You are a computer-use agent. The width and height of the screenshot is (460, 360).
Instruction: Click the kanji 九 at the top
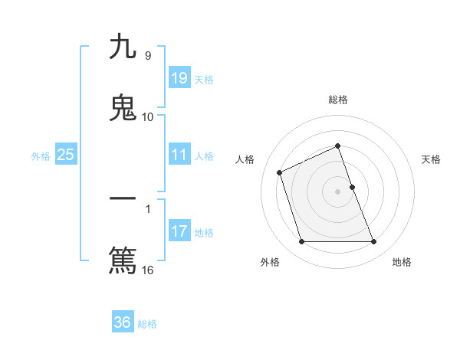pyautogui.click(x=123, y=47)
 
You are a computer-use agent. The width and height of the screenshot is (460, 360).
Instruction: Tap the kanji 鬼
pyautogui.click(x=123, y=107)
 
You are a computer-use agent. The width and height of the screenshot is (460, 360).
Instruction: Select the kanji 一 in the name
pyautogui.click(x=123, y=201)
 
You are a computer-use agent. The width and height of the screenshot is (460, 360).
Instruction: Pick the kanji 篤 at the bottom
pyautogui.click(x=123, y=260)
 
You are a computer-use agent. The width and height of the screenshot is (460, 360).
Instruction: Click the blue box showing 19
pyautogui.click(x=179, y=77)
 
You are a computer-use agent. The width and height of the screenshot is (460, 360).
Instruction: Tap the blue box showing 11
pyautogui.click(x=179, y=155)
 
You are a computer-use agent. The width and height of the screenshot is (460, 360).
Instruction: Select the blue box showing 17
pyautogui.click(x=179, y=231)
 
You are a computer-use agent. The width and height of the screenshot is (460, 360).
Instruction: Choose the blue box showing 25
pyautogui.click(x=66, y=155)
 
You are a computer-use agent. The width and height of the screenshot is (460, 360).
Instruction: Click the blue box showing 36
pyautogui.click(x=123, y=322)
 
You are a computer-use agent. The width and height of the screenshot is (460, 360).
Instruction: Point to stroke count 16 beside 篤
pyautogui.click(x=149, y=270)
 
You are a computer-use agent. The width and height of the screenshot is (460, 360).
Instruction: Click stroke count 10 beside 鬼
pyautogui.click(x=148, y=117)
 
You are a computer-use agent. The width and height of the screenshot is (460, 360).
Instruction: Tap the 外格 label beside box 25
pyautogui.click(x=41, y=156)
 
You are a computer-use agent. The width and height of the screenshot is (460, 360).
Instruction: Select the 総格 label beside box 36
pyautogui.click(x=147, y=324)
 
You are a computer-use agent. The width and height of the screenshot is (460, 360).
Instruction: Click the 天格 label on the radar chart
pyautogui.click(x=432, y=159)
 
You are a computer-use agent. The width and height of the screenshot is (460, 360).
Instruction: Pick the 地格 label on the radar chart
pyautogui.click(x=402, y=262)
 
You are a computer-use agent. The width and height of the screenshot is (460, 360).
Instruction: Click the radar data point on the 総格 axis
pyautogui.click(x=337, y=146)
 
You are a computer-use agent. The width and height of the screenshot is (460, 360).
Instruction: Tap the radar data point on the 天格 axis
pyautogui.click(x=352, y=187)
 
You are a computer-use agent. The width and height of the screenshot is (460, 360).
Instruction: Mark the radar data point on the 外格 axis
pyautogui.click(x=301, y=242)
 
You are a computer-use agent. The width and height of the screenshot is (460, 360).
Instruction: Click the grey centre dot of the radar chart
pyautogui.click(x=337, y=191)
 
